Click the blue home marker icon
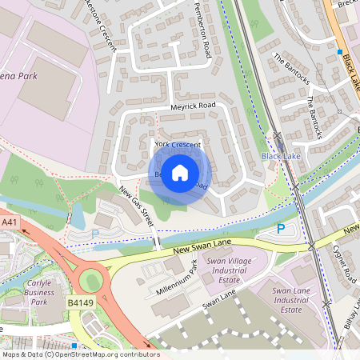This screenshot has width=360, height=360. coord(180,173)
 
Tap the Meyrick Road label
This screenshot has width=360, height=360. coord(193,106)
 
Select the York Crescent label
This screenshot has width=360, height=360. coord(177,144)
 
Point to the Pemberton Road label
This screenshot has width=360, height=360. coord(202,30)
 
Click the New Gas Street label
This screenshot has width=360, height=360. coord(136,206)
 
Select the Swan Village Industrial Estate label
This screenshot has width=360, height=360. coord(228,270)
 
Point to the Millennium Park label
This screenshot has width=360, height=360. coord(176,282)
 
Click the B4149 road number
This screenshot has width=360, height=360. coord(80,303)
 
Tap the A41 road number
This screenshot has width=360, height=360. coord(9,222)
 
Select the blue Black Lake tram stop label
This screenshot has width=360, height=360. coord(281,156)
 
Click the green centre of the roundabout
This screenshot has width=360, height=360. coord(91,281)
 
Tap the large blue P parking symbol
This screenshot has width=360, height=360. coord(280,229)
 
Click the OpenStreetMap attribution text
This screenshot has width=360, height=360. coord(80,354)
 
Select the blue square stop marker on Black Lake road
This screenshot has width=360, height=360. coord(339,50)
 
